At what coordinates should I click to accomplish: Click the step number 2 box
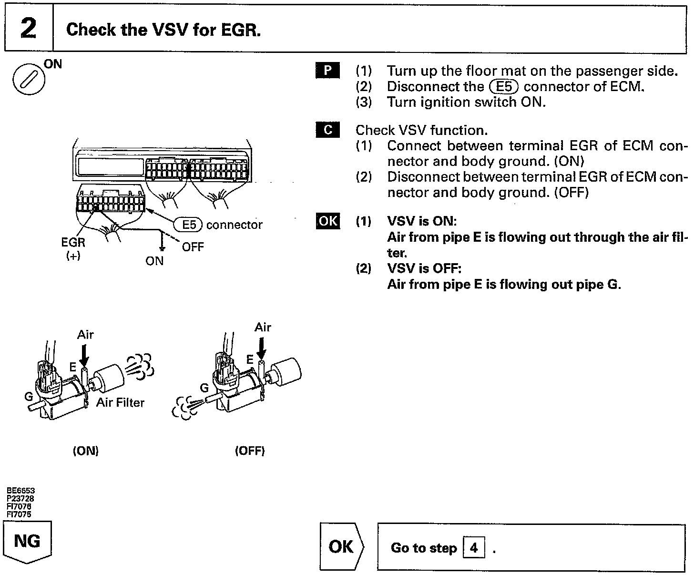coord(29,28)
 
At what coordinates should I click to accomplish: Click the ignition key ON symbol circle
coord(29,79)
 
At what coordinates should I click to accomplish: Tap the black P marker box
coord(327,71)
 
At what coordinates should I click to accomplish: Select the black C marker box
coord(327,130)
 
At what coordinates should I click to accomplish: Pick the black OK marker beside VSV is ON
coord(328,221)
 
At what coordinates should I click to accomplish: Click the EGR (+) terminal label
coord(73,248)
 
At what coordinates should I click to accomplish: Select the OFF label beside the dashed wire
coord(193,247)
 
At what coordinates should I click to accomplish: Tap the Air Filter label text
coord(120,403)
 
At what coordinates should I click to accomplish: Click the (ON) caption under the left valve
coord(85,451)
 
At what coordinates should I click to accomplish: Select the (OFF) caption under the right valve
coord(250,451)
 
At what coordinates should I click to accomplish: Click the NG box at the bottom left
coord(27,542)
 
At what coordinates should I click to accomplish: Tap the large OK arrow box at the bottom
coord(341,546)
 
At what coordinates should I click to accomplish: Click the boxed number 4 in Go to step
coord(473,548)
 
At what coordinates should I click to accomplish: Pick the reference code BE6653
coord(20,491)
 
